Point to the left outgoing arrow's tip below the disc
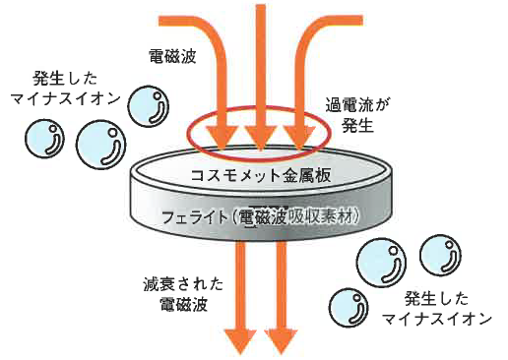coord(239,349)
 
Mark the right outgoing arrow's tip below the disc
coord(282,349)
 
